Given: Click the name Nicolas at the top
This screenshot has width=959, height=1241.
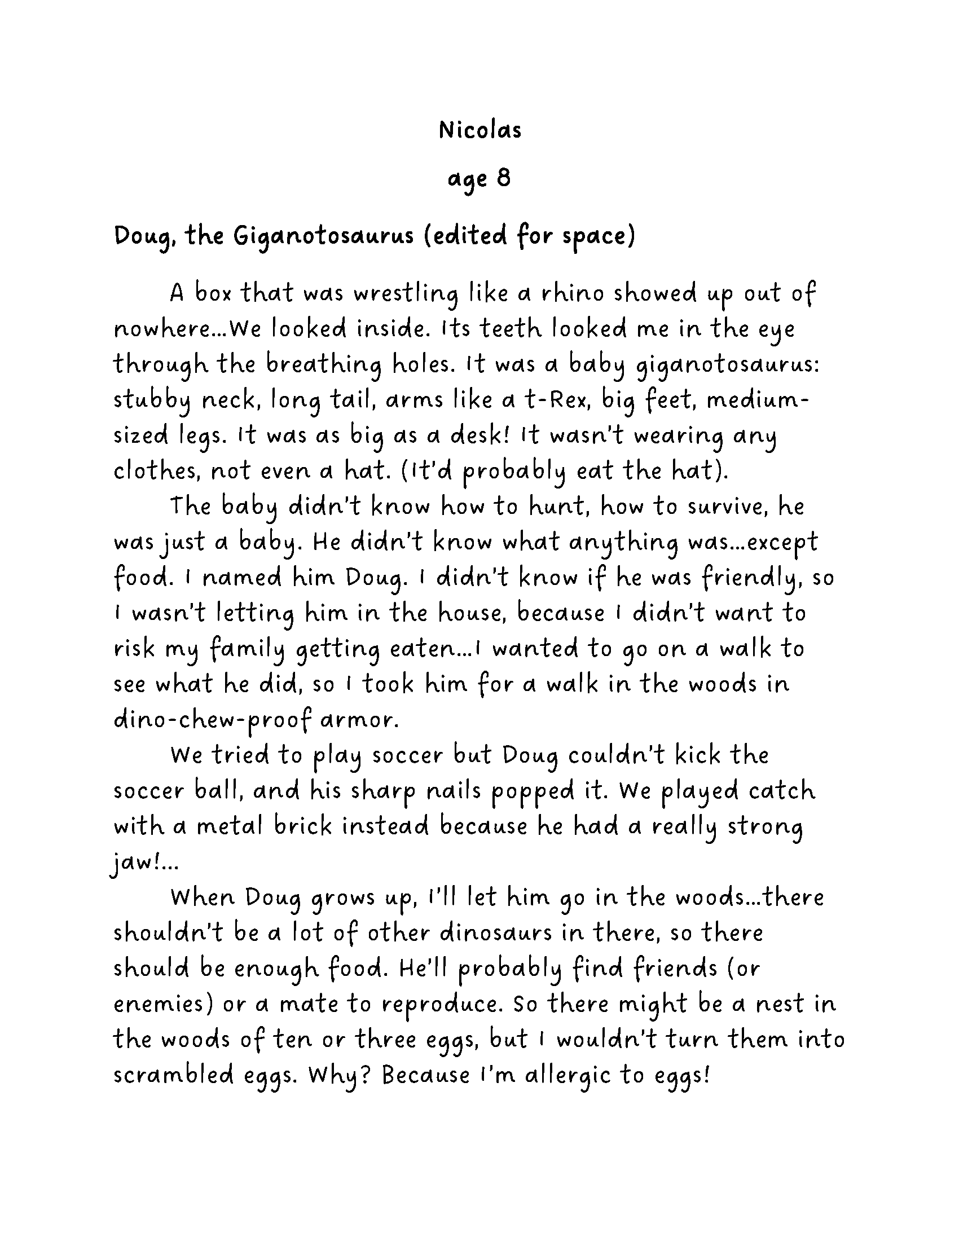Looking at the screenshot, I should click(x=480, y=131).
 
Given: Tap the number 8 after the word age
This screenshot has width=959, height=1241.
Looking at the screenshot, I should click(x=503, y=178).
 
